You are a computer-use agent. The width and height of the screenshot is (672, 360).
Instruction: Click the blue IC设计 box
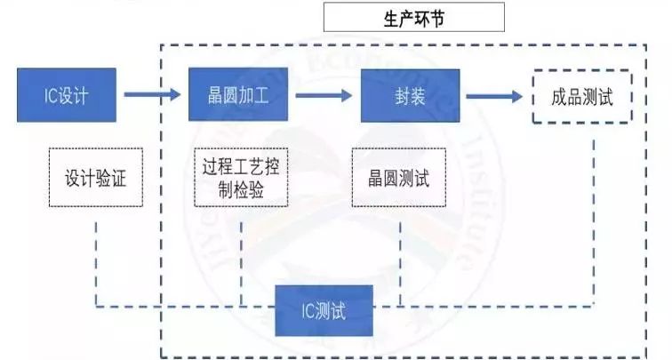pos(67,94)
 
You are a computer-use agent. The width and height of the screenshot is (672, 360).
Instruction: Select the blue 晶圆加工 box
pos(239,94)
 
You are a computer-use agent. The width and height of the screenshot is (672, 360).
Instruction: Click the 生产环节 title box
pos(413,17)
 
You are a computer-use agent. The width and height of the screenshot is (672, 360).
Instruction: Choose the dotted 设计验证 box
pos(95,178)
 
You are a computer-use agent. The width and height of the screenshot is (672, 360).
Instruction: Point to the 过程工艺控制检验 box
pos(241,177)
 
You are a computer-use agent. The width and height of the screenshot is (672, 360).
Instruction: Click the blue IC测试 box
pos(323,311)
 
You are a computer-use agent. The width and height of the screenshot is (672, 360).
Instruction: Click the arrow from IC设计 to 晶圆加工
pos(152,93)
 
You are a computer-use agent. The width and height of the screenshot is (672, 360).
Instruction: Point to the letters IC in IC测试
pos(307,311)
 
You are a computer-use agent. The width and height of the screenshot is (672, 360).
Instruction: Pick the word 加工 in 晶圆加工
pos(255,94)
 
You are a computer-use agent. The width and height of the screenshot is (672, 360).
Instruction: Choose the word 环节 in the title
pos(428,17)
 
